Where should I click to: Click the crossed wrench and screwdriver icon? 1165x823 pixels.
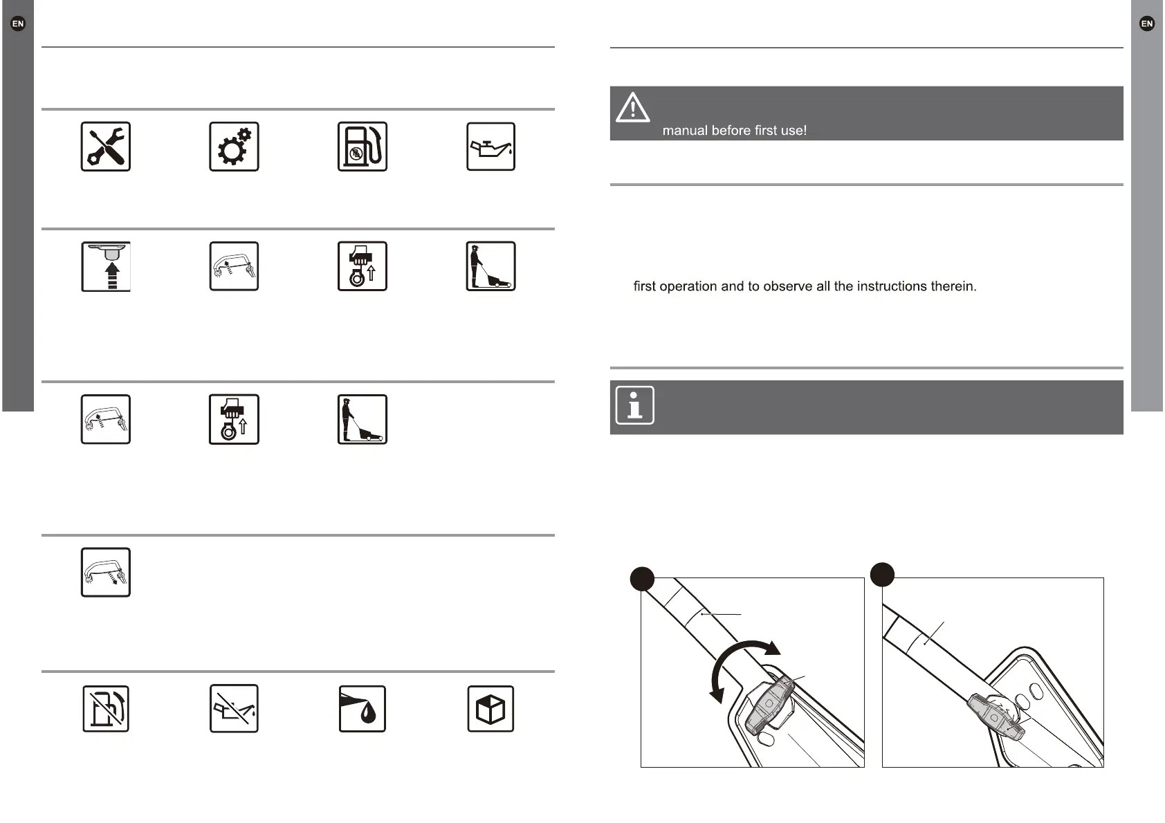106,147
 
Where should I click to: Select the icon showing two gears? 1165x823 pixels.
234,147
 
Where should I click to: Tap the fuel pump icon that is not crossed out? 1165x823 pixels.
362,147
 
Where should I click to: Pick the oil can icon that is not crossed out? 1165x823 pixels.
490,147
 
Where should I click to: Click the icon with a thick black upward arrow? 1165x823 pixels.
106,266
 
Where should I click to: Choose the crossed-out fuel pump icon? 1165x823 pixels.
106,709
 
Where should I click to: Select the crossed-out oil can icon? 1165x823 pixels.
234,709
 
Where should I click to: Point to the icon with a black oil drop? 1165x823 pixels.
362,709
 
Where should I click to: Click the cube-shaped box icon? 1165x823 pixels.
490,709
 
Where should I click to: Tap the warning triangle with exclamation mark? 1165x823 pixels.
632,109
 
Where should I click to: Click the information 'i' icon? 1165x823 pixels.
634,405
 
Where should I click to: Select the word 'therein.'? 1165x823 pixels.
955,286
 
